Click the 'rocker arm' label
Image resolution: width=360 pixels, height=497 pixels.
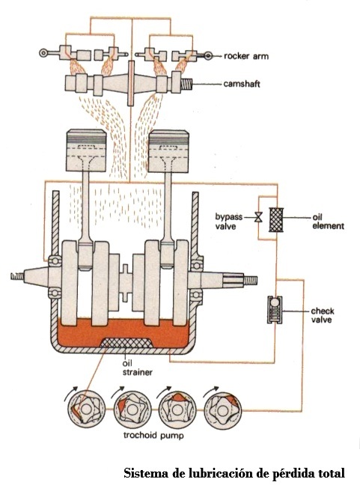coord(246,56)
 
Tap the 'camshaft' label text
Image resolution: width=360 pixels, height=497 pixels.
coord(242,84)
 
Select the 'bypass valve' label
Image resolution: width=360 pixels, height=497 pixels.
coord(229,222)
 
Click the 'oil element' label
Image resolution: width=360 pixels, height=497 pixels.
coord(328,222)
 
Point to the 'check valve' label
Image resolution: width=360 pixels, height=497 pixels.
coord(323,315)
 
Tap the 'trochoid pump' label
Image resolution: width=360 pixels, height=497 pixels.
coord(153,435)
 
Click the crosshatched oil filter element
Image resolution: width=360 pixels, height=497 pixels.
coord(276,219)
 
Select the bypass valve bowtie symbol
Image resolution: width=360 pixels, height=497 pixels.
coord(259,217)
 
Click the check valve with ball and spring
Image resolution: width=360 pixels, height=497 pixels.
coord(275,310)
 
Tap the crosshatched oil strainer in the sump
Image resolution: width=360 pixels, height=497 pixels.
coord(126,343)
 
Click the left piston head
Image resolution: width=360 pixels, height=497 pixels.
coord(86,150)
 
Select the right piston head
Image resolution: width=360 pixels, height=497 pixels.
coord(168,151)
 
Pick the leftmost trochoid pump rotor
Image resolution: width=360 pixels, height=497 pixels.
coord(85,409)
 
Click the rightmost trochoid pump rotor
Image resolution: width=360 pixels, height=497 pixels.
coord(223,410)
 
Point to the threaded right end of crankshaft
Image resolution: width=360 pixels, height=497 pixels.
coord(250,280)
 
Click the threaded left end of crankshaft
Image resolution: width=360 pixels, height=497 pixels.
coord(17,277)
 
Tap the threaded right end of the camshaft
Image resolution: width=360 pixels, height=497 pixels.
coord(186,84)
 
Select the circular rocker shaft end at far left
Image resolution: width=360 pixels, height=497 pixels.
coord(43,52)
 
